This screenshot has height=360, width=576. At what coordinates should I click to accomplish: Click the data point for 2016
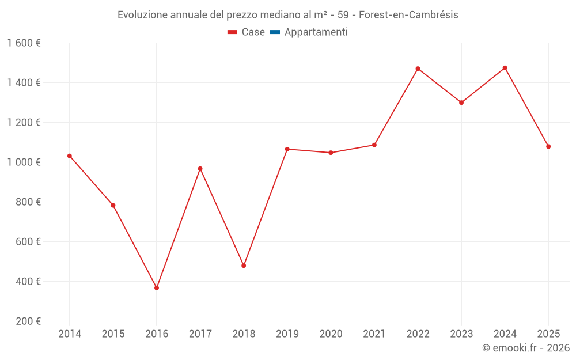pyautogui.click(x=157, y=287)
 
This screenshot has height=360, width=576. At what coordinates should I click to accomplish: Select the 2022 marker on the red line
pyautogui.click(x=418, y=69)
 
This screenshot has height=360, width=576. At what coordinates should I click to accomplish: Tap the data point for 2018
pyautogui.click(x=244, y=266)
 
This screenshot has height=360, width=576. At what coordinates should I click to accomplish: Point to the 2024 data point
pyautogui.click(x=505, y=68)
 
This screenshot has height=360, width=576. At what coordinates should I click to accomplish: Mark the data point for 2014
pyautogui.click(x=70, y=156)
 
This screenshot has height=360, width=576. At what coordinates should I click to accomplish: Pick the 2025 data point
pyautogui.click(x=548, y=146)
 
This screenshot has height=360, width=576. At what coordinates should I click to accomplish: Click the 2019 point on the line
pyautogui.click(x=287, y=149)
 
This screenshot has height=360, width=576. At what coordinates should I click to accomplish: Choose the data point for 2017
pyautogui.click(x=200, y=169)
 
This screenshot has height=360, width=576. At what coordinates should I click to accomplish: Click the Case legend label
pyautogui.click(x=253, y=32)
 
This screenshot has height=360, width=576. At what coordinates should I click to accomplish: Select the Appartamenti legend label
pyautogui.click(x=316, y=32)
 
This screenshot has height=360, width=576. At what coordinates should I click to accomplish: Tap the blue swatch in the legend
pyautogui.click(x=275, y=32)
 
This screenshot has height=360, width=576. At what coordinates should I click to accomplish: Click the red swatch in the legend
pyautogui.click(x=233, y=32)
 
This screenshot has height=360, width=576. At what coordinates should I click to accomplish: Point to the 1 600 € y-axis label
pyautogui.click(x=24, y=43)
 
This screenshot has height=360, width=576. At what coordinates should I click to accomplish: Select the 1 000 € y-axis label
pyautogui.click(x=24, y=162)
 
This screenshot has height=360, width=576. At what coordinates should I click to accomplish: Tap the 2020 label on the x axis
pyautogui.click(x=331, y=334)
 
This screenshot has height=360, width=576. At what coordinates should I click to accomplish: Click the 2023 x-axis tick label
pyautogui.click(x=461, y=334)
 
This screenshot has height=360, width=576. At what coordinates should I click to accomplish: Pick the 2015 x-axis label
pyautogui.click(x=113, y=334)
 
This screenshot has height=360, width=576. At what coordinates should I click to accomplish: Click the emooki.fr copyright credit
pyautogui.click(x=525, y=348)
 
